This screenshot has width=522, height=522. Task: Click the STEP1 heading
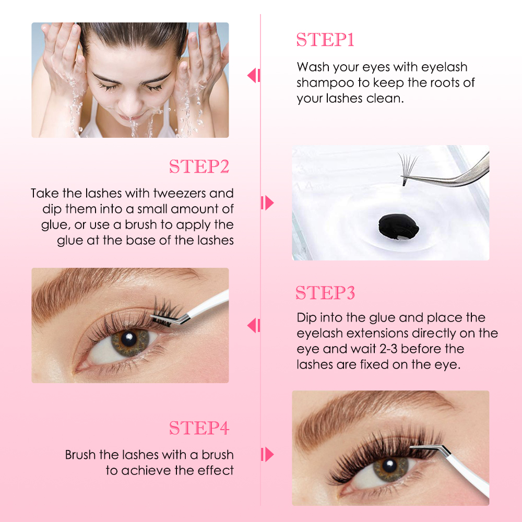[325, 40]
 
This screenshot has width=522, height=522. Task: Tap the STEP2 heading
[199, 167]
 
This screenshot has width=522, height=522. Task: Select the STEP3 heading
[325, 293]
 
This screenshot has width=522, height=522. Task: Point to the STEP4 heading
[199, 428]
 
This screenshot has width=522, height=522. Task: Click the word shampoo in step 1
[322, 83]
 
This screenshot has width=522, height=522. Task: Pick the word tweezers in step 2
[180, 194]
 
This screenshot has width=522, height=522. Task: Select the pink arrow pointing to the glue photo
[267, 203]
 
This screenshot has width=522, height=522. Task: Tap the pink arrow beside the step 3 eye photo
[253, 326]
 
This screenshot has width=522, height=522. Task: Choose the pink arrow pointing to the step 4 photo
[267, 454]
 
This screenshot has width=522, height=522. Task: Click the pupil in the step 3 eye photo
[127, 340]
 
